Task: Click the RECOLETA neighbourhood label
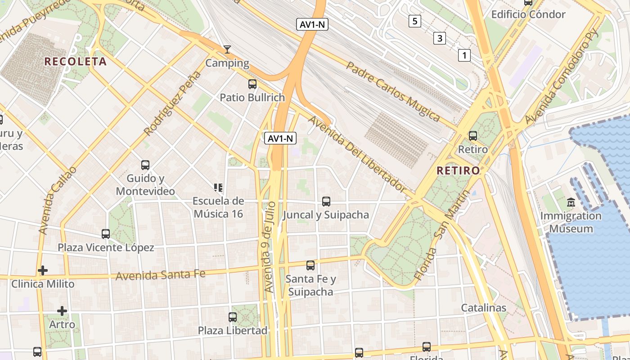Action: pos(76,62)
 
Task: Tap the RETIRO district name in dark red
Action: pos(458,171)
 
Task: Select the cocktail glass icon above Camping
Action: pos(227,49)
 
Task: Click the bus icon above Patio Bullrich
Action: pos(252,84)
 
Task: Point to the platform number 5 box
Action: pos(414,21)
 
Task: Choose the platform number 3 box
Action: pos(439,38)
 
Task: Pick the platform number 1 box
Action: pos(464,55)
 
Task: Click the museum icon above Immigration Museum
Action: pos(571,202)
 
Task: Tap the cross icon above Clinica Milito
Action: pos(43,270)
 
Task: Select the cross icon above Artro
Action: pos(62,310)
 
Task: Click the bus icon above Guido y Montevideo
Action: pos(145,165)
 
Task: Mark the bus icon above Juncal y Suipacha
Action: pos(326,202)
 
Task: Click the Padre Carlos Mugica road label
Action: pos(392,91)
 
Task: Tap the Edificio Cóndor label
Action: pos(528,14)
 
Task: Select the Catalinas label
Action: pos(484,308)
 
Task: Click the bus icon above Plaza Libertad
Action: pos(233,317)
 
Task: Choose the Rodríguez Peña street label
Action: pos(172,103)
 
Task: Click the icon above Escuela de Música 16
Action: pos(218,188)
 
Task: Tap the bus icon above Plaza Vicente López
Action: pos(106,234)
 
